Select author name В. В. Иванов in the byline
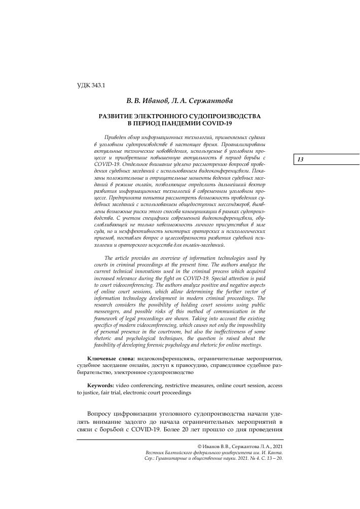coord(146,101)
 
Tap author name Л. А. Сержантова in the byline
coord(192,101)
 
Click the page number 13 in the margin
coord(300,160)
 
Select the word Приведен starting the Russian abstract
coord(117,138)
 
